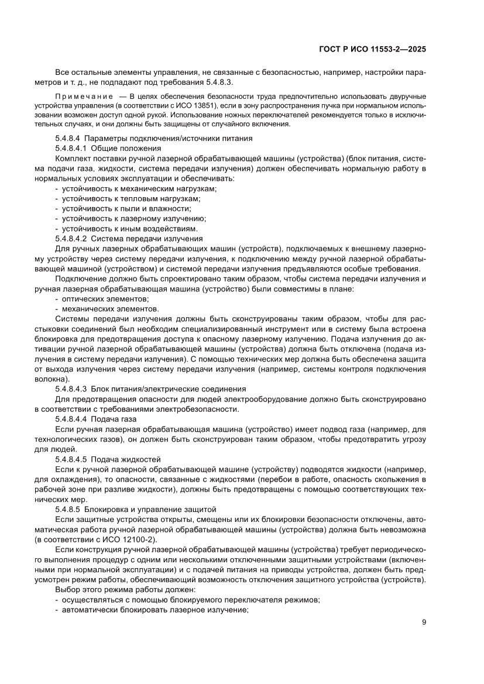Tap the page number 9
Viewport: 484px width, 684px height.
point(423,622)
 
